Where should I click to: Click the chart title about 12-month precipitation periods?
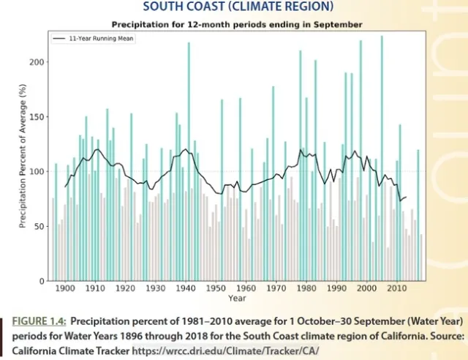236,24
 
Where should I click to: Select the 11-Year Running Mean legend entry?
88,38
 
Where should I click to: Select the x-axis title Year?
236,299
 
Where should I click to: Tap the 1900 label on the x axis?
65,289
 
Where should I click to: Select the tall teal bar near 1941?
189,161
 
